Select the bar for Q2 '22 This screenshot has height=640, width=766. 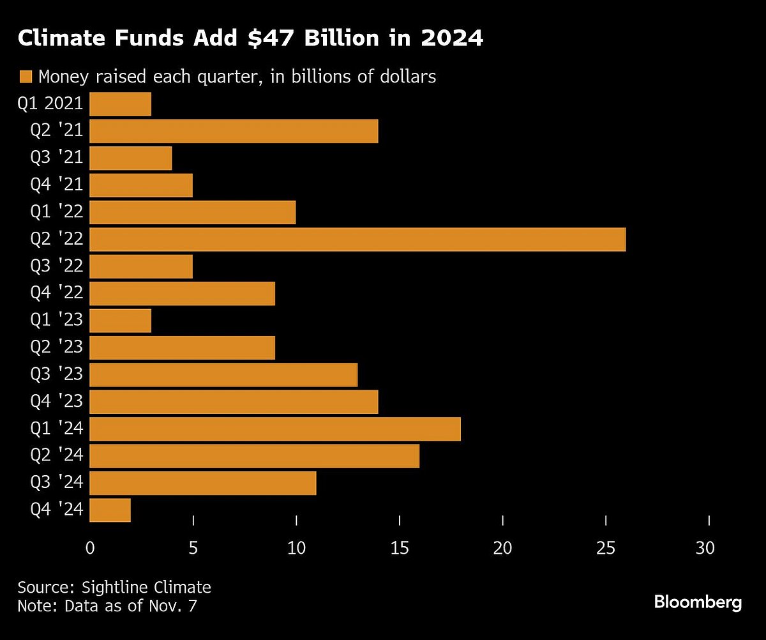[357, 240]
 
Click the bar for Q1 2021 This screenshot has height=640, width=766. [121, 104]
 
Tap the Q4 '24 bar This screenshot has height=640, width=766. [110, 510]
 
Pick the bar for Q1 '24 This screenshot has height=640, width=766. [275, 429]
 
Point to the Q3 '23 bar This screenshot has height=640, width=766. [223, 375]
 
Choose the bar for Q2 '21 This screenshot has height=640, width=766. [234, 131]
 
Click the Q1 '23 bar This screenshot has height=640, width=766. [121, 321]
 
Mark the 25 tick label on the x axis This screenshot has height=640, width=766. [606, 547]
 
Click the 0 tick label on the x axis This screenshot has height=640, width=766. [90, 547]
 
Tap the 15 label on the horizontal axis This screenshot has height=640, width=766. [400, 547]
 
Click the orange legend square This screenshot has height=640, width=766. [26, 77]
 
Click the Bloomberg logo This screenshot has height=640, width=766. [698, 602]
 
